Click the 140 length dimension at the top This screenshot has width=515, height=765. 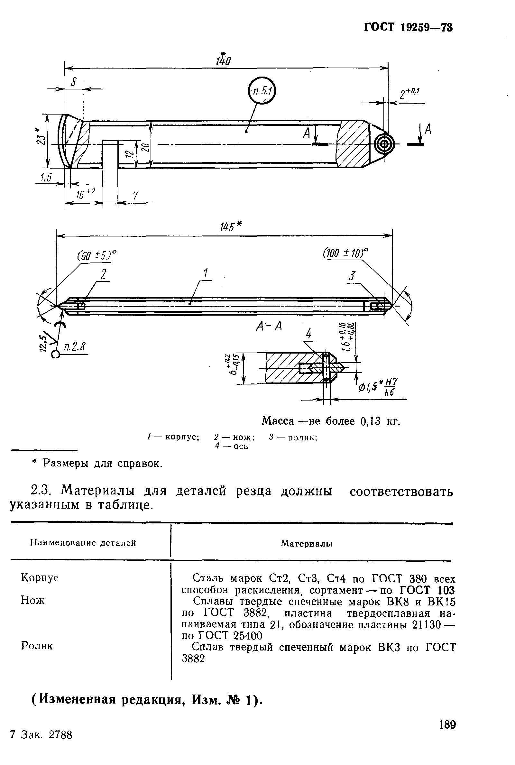223,61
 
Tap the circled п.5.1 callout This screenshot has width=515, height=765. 262,91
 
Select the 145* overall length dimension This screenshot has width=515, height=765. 231,227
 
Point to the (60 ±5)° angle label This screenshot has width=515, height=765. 97,255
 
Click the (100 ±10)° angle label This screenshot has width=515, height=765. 345,253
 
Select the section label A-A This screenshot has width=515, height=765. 269,327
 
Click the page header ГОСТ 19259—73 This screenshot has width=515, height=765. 408,27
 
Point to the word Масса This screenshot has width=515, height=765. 278,421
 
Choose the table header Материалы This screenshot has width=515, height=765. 307,544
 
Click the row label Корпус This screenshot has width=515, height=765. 40,578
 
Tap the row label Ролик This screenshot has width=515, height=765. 37,646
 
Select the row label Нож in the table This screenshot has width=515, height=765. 32,600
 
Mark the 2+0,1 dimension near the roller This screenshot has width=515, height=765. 410,94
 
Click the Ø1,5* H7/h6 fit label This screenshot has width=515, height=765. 378,387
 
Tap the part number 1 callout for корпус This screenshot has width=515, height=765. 206,274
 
